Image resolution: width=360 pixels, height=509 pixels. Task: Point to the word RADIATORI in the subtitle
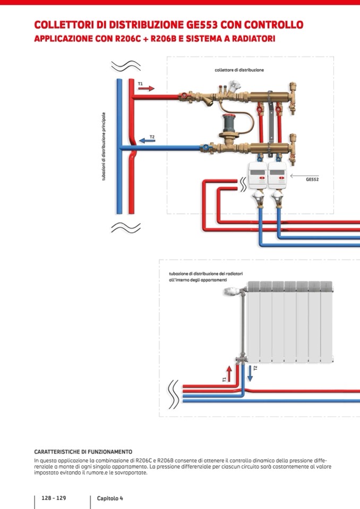250,39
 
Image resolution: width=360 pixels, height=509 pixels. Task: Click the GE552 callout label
312,179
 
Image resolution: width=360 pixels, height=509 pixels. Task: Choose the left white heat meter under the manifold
258,176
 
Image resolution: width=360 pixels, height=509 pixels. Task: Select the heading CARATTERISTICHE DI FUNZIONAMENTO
83,452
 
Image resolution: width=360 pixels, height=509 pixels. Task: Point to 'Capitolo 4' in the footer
110,498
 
